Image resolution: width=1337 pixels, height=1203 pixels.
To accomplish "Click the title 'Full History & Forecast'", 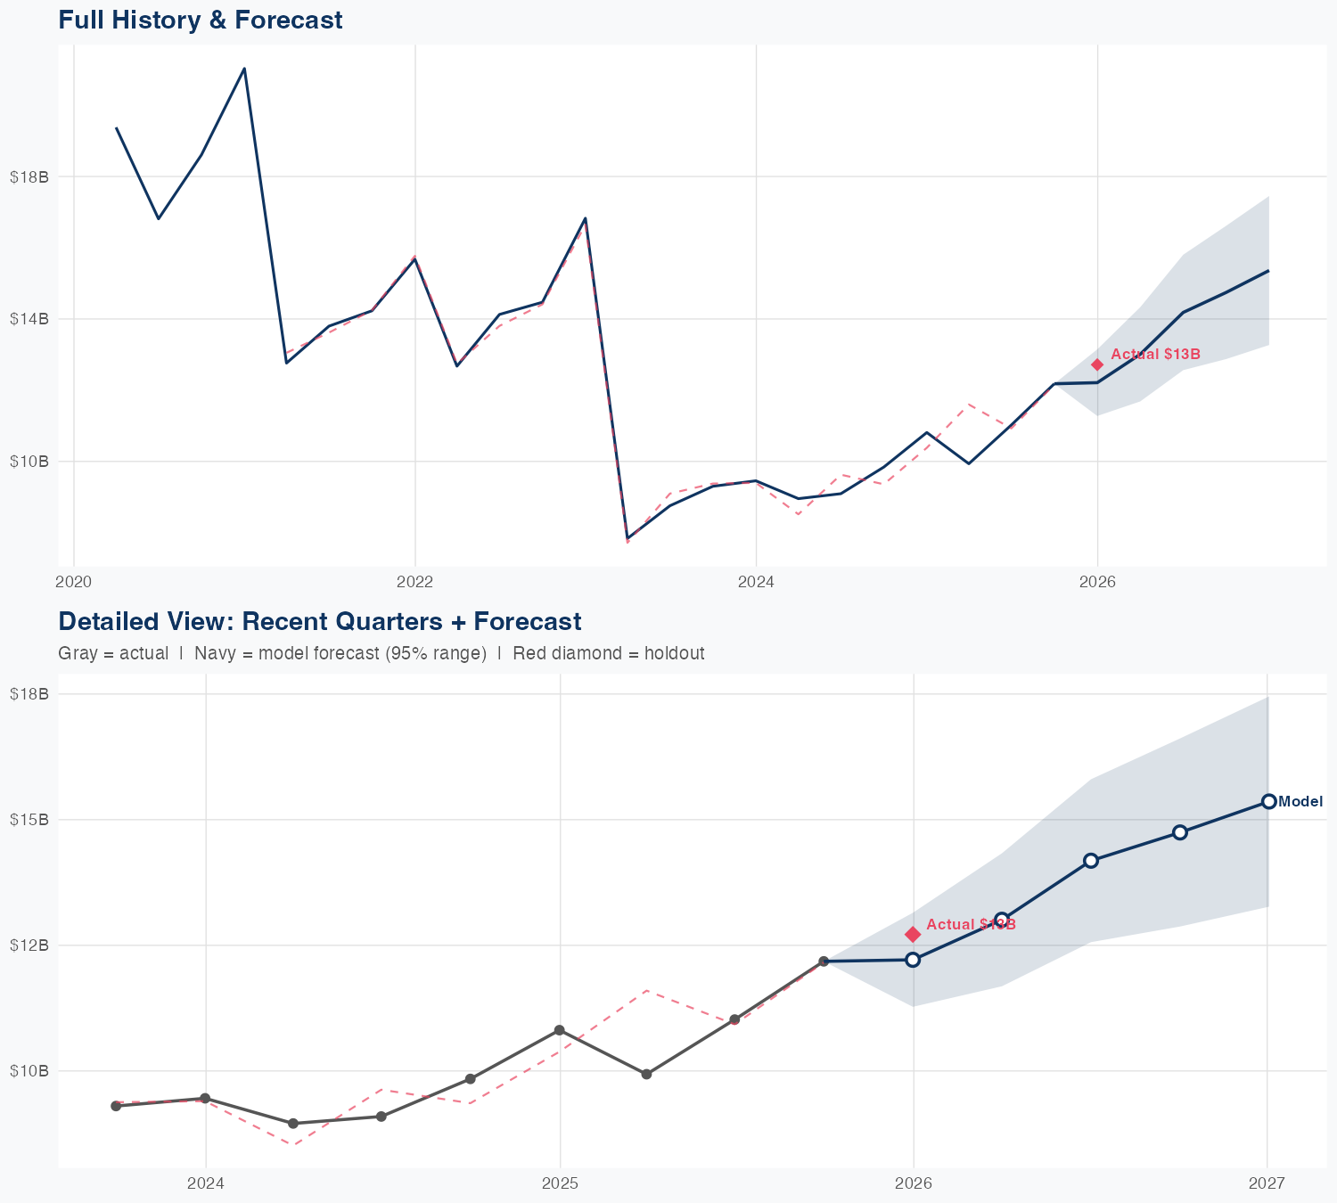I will tap(200, 20).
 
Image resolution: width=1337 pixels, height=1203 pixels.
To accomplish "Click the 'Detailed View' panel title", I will tap(319, 621).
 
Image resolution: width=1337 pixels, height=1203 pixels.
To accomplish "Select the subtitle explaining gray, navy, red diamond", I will tap(381, 653).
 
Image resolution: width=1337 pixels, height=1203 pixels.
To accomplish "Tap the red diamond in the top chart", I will tap(1097, 364).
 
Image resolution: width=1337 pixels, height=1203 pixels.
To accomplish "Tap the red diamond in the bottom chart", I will tap(913, 934).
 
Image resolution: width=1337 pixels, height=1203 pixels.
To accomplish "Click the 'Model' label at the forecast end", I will tap(1300, 801).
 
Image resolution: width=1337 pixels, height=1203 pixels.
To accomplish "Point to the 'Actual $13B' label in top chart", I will tap(1155, 355).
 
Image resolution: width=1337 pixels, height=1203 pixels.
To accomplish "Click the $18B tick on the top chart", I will tap(29, 176).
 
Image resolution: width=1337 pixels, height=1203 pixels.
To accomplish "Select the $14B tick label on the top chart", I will tap(29, 318).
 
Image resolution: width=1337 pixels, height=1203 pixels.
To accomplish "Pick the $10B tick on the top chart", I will tap(29, 461).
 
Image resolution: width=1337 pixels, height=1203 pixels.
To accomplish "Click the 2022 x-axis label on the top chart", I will tap(414, 582).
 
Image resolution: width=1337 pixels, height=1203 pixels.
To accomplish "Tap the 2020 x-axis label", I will tap(73, 582).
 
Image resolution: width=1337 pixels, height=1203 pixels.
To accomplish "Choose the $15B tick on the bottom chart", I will tap(29, 819).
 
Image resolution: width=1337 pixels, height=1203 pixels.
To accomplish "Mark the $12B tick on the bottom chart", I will tap(29, 945).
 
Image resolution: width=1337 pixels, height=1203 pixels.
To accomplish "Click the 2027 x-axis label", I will tap(1267, 1183).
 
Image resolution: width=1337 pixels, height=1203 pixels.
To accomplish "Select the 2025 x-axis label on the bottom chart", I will tap(560, 1183).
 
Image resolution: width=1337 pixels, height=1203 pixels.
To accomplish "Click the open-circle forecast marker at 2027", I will tap(1268, 801).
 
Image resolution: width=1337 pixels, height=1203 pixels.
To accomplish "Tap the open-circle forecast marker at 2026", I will tap(913, 960).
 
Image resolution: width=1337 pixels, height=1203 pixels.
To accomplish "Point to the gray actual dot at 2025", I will tap(559, 1030).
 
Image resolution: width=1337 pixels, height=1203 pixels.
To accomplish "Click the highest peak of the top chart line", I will tap(244, 69).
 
